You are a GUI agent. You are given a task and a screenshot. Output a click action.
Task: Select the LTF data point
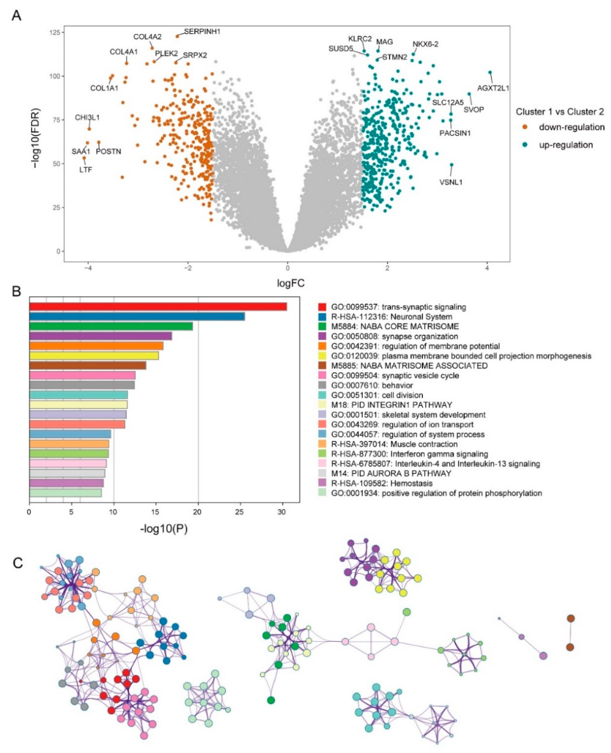pos(84,158)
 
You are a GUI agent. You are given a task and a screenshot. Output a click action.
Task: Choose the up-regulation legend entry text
pos(566,145)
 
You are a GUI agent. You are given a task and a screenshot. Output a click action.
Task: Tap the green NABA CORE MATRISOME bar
pos(111,326)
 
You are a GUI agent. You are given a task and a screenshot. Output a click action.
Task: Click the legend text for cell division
pos(377,395)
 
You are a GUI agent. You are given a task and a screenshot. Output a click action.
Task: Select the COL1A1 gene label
pos(104,88)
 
